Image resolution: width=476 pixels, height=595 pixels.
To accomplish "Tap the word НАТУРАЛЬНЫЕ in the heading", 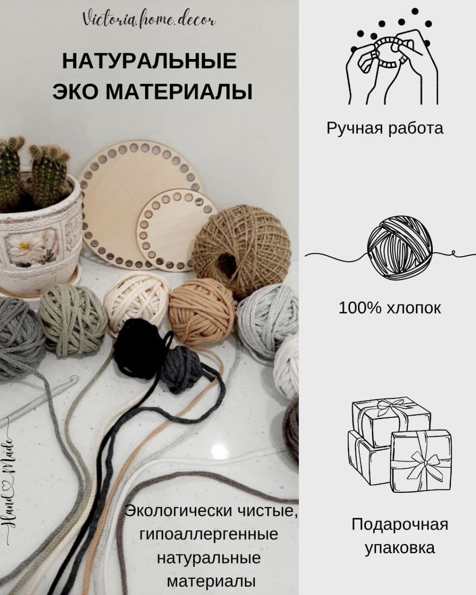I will tap(149, 62).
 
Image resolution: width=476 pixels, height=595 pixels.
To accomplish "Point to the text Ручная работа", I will tap(385, 128).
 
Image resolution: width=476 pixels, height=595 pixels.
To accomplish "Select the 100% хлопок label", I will tap(390, 308).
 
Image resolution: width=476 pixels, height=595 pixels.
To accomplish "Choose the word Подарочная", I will tap(400, 524).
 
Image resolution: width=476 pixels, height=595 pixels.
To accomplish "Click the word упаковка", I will tap(400, 548).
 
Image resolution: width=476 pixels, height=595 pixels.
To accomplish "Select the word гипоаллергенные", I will tap(209, 534).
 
